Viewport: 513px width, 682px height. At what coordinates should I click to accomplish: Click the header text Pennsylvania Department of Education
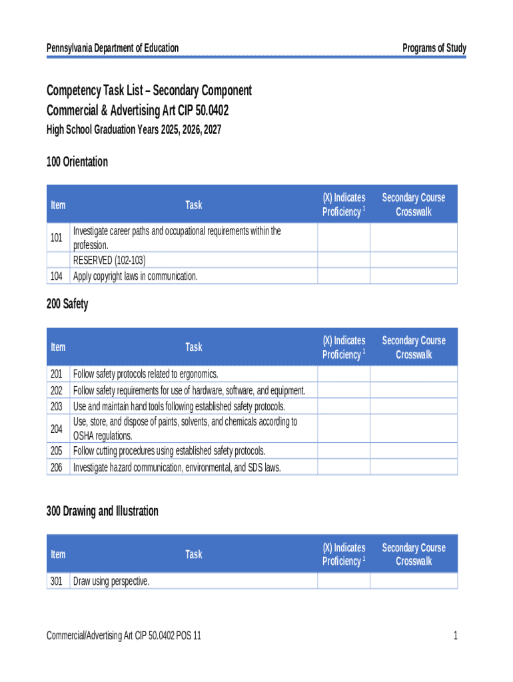click(x=112, y=48)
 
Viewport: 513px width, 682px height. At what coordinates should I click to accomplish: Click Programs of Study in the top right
click(x=434, y=48)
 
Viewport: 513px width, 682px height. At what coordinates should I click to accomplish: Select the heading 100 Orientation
click(x=77, y=162)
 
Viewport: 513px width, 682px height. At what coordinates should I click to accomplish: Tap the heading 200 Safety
click(x=67, y=304)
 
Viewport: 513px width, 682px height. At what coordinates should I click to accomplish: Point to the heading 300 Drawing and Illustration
click(x=102, y=511)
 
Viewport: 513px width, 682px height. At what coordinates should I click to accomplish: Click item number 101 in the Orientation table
click(x=57, y=238)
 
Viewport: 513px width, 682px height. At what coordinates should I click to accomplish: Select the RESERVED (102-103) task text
click(x=109, y=260)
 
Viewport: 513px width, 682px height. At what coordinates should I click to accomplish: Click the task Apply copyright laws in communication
click(x=135, y=276)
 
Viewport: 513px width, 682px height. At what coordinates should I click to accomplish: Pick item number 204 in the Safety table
click(x=57, y=429)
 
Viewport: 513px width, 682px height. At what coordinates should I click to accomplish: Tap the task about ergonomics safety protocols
click(x=145, y=374)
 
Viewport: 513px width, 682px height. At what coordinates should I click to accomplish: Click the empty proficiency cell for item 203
click(x=343, y=406)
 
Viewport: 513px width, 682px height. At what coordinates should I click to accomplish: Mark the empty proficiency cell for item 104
click(x=343, y=276)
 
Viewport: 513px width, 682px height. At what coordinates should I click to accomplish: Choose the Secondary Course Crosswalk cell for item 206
click(x=413, y=468)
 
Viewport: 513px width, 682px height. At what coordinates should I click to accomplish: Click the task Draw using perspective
click(x=111, y=581)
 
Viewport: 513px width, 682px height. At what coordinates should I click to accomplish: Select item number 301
click(x=57, y=581)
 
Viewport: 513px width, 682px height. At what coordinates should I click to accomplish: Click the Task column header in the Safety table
click(x=193, y=347)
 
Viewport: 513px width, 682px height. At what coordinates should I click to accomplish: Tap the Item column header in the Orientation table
click(x=58, y=204)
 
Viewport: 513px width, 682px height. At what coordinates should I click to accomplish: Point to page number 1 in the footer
click(x=455, y=636)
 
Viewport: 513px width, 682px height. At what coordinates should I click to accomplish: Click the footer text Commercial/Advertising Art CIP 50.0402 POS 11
click(x=124, y=636)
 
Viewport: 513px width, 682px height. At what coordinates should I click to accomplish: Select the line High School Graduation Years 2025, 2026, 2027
click(x=133, y=130)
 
